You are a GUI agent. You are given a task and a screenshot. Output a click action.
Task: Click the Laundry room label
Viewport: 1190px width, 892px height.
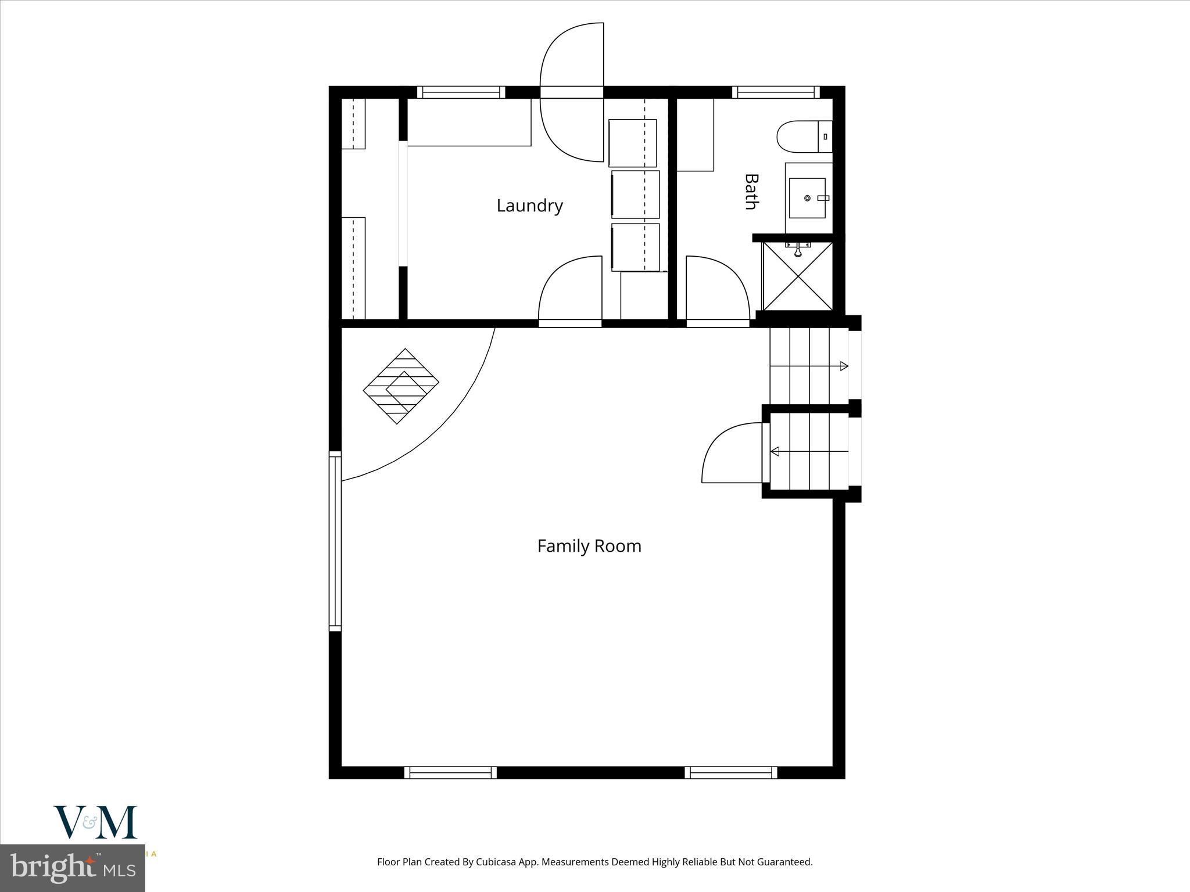click(x=529, y=206)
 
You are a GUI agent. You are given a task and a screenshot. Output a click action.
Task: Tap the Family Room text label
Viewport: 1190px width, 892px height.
click(x=589, y=546)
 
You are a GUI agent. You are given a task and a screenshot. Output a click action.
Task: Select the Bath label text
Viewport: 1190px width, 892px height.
click(x=752, y=192)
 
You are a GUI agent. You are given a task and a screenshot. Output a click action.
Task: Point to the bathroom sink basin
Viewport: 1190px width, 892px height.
click(x=807, y=198)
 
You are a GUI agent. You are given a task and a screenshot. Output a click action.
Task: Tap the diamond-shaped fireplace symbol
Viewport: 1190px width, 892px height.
click(x=401, y=386)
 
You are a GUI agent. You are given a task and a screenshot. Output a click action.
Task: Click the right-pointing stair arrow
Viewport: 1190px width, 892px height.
click(x=844, y=366)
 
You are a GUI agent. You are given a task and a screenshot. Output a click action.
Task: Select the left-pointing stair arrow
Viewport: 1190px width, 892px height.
click(x=775, y=451)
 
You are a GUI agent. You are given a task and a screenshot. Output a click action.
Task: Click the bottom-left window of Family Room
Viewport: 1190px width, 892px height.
click(x=450, y=772)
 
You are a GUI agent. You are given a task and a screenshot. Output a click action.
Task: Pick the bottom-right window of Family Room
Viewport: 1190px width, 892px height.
click(x=730, y=772)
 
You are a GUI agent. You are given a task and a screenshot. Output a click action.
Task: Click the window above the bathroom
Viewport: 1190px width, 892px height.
click(x=775, y=92)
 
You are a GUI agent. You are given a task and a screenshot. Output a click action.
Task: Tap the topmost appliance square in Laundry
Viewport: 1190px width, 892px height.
click(x=632, y=143)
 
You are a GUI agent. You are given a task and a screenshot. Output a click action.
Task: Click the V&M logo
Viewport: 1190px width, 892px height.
click(x=95, y=822)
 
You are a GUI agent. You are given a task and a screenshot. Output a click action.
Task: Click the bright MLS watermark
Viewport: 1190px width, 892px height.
click(x=73, y=869)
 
